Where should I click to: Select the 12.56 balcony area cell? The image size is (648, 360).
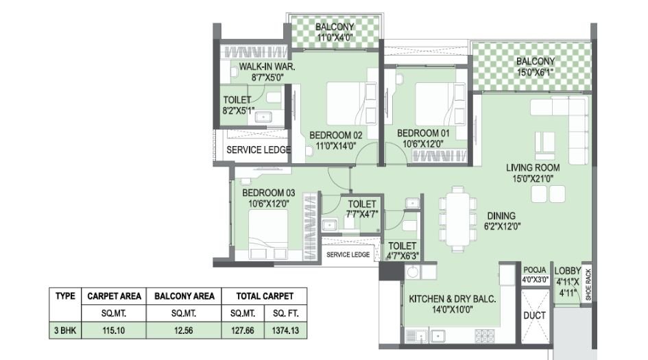coord(184,331)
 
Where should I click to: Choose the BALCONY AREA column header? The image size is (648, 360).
coord(184,296)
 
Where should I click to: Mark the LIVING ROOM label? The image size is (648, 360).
coord(533,167)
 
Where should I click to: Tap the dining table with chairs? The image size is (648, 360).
coord(458,217)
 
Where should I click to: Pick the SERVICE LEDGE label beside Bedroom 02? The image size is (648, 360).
coord(259,149)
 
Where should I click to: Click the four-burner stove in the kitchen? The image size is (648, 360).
coord(484,335)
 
